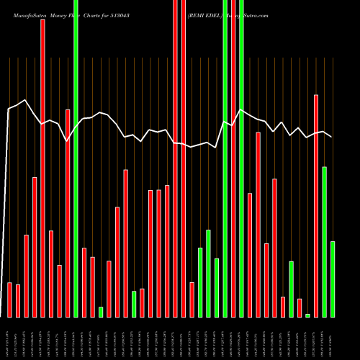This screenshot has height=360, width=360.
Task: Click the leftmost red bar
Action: [9, 300]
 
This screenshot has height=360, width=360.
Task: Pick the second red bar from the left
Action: [18, 300]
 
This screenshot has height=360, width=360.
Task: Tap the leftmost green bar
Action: [76, 158]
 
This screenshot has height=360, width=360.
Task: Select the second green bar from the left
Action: [101, 312]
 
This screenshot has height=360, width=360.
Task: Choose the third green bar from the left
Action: [134, 304]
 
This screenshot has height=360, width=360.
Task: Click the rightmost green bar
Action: [333, 279]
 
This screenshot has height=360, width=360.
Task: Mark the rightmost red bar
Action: [316, 205]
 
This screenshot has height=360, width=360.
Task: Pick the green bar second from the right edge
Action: [325, 241]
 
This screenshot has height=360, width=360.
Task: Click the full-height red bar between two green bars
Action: [233, 158]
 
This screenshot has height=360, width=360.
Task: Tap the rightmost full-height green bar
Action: [241, 158]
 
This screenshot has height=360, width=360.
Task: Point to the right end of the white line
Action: [331, 137]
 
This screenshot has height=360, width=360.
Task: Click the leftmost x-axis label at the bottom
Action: [8, 338]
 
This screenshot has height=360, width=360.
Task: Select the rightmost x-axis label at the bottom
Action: [333, 338]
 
